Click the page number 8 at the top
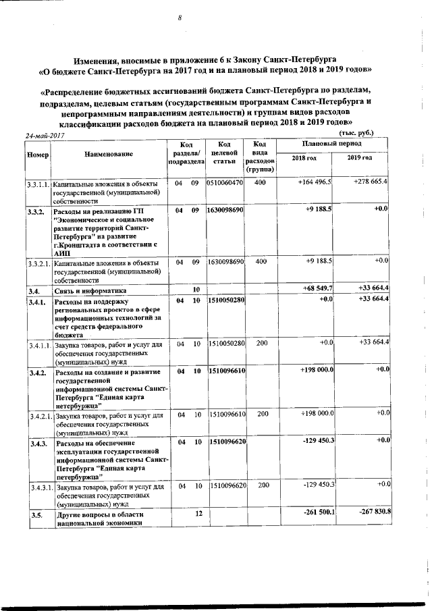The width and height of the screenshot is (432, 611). [x=180, y=18]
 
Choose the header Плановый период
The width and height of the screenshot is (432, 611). [x=332, y=144]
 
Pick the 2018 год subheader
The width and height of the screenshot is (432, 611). [x=303, y=157]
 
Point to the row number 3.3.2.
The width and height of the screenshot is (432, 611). [x=36, y=212]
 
